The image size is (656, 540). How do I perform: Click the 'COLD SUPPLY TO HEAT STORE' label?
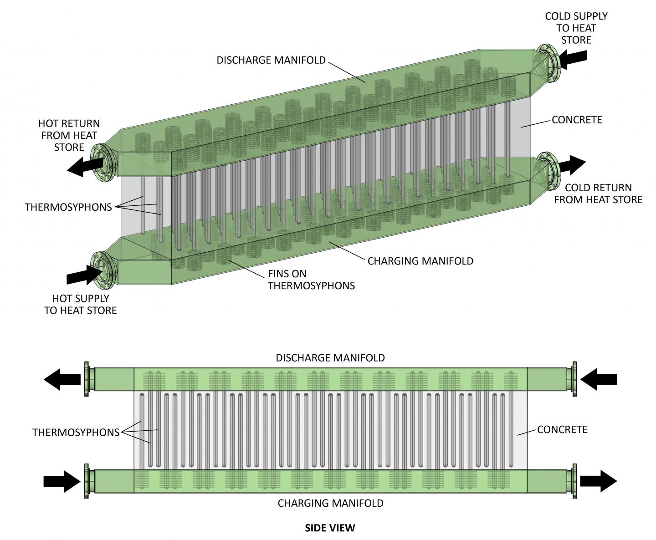click(576, 28)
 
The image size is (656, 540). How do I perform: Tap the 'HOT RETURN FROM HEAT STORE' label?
click(69, 135)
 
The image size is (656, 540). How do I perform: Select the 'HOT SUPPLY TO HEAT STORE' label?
click(81, 304)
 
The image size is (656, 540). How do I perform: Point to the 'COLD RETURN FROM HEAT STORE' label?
click(598, 194)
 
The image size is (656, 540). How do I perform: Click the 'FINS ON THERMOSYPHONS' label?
click(311, 280)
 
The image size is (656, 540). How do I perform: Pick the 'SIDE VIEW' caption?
click(330, 528)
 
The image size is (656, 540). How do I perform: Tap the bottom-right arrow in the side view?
click(599, 481)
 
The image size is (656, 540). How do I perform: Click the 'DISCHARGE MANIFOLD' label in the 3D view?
click(271, 60)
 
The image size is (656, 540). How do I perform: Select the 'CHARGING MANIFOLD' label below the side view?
click(331, 503)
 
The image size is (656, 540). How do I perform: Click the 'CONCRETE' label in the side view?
click(562, 429)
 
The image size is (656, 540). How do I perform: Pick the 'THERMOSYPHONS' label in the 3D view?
click(68, 207)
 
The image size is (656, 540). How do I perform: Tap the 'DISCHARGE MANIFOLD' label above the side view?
click(330, 357)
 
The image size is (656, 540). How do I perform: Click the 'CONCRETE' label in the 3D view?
click(577, 120)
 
